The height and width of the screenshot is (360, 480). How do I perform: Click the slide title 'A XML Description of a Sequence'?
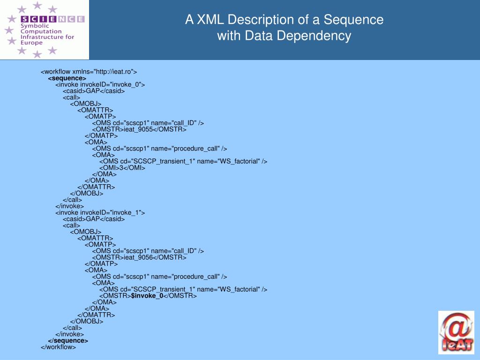(284, 20)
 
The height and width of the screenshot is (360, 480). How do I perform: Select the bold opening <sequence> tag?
(67, 78)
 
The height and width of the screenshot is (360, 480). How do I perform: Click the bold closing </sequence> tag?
(68, 341)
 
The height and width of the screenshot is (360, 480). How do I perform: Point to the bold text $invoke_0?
(147, 296)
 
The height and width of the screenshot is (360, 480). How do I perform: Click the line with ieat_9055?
(139, 129)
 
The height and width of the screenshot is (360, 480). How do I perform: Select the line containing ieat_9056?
(139, 257)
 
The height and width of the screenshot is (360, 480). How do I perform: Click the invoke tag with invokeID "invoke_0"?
(100, 84)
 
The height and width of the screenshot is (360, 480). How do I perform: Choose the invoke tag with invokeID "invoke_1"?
(100, 212)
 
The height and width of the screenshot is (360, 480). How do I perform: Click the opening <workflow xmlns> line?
(89, 72)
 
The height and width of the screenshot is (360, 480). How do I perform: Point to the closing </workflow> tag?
(58, 347)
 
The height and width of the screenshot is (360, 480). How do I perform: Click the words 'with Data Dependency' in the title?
(284, 36)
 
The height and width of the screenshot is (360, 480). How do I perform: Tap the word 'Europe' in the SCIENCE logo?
(31, 43)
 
